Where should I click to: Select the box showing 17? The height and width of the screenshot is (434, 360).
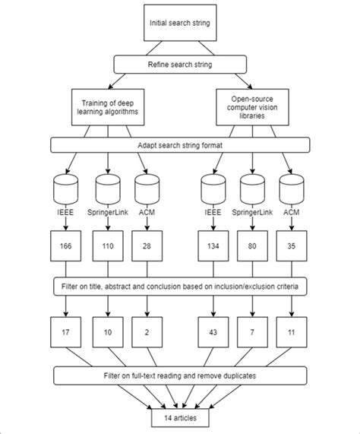pyautogui.click(x=67, y=331)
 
